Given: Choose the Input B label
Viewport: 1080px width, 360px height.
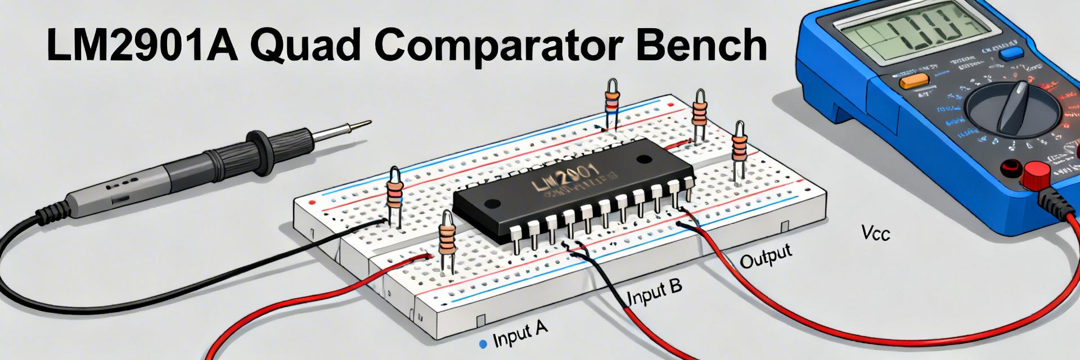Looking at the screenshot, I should (654, 290).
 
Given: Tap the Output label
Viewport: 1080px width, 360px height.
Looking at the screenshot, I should (765, 256).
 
